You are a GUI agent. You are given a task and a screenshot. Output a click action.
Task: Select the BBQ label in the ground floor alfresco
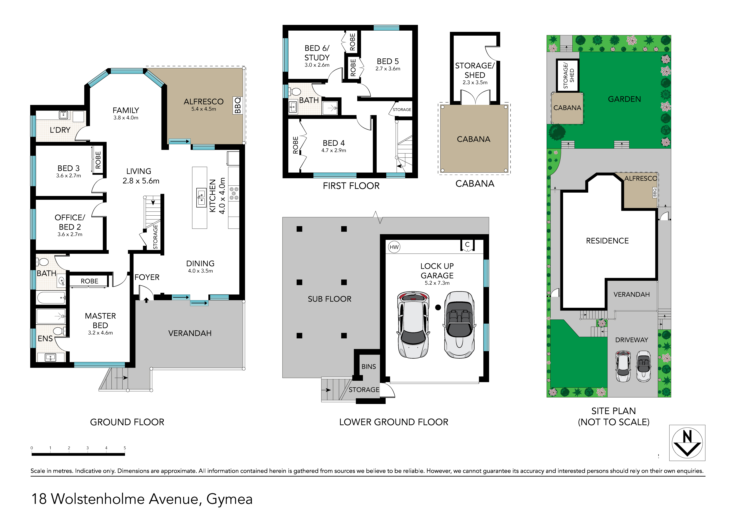(x=238, y=105)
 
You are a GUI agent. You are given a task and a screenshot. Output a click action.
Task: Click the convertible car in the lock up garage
(x=459, y=325)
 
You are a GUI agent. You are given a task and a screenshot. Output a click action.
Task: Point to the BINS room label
(x=369, y=367)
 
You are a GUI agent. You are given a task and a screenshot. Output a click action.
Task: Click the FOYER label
(x=147, y=277)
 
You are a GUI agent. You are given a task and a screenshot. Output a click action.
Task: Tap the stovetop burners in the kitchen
(x=234, y=193)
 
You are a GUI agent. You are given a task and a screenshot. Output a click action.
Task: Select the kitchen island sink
(x=201, y=198)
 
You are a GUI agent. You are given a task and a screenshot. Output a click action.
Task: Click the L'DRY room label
(x=60, y=130)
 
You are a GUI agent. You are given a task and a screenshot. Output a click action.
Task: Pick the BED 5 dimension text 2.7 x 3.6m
(x=388, y=69)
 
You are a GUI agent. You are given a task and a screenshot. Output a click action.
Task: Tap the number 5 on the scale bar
(x=125, y=448)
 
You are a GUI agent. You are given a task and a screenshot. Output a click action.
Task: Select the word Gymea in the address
(x=229, y=499)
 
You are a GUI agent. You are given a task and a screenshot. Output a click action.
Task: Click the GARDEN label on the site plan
(x=625, y=99)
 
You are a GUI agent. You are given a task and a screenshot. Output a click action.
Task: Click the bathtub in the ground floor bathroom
(x=52, y=298)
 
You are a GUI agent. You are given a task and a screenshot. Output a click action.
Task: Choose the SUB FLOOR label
(x=330, y=299)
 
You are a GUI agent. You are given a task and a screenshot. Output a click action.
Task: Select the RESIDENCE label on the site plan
(x=607, y=241)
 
